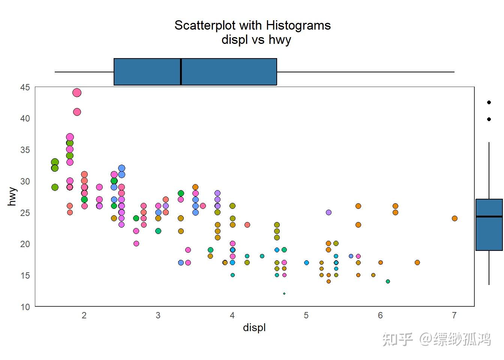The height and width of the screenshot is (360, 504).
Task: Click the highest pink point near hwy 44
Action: click(x=77, y=93)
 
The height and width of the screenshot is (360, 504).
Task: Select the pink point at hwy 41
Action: click(x=77, y=112)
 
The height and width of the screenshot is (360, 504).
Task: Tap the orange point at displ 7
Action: click(x=454, y=218)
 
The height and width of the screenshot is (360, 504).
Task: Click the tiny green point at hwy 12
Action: click(x=284, y=294)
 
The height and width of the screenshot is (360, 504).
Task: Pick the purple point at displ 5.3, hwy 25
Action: click(x=329, y=212)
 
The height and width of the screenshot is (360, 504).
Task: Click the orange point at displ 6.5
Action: click(x=417, y=262)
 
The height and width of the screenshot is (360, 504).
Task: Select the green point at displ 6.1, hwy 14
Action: click(x=388, y=281)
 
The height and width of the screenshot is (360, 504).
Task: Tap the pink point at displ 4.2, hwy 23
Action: click(x=247, y=225)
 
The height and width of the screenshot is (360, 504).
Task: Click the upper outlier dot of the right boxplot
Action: click(x=489, y=102)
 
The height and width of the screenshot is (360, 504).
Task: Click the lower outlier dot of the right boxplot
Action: click(x=489, y=119)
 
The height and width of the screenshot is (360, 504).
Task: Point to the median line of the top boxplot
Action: click(x=181, y=72)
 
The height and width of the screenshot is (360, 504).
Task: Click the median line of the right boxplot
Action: click(x=489, y=216)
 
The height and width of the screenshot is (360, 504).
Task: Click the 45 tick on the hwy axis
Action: click(x=25, y=87)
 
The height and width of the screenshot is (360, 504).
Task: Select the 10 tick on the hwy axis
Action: click(x=25, y=307)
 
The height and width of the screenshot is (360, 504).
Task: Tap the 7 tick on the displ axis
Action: click(x=454, y=315)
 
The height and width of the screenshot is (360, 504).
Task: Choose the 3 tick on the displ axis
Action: click(x=158, y=315)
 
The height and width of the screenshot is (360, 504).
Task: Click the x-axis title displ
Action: click(x=254, y=327)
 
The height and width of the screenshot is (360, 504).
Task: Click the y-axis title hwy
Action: click(x=12, y=196)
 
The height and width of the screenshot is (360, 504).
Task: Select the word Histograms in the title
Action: click(x=298, y=25)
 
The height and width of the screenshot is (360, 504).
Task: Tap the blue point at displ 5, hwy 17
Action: click(x=306, y=262)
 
